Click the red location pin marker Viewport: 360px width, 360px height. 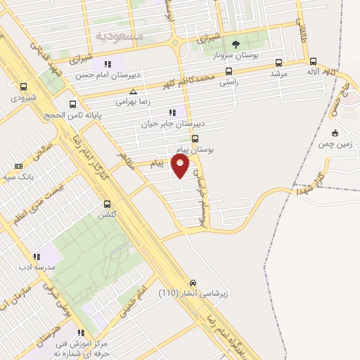[181, 166]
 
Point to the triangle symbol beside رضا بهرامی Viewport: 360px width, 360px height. [133, 91]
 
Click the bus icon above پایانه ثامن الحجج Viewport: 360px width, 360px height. [72, 103]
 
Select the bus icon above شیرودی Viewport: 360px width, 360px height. [25, 87]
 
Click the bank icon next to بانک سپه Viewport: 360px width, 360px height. [18, 166]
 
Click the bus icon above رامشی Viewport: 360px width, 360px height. [229, 71]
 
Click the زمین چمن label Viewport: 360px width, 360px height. [336, 143]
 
